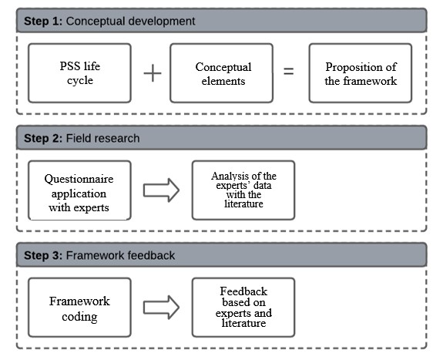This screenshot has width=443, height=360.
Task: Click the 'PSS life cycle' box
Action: [81, 74]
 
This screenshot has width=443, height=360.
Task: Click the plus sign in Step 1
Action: [153, 74]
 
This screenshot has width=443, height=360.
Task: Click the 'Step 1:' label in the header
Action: [42, 21]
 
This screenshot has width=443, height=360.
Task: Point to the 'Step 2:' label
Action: [42, 139]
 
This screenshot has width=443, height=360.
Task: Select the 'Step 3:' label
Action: [42, 256]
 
